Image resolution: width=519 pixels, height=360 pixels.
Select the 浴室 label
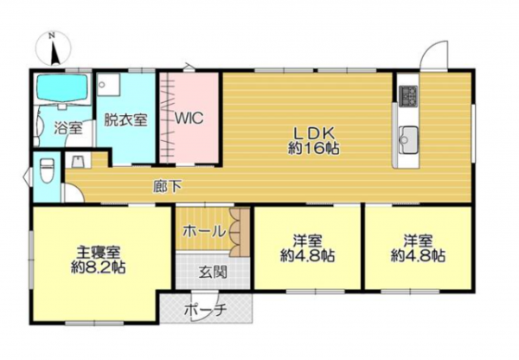(x=68, y=129)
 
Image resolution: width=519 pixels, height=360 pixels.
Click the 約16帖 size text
(x=312, y=148)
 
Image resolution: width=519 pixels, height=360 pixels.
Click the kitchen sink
(x=408, y=137)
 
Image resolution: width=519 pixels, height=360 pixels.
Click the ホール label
(x=204, y=231)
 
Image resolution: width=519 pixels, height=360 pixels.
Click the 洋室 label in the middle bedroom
(x=308, y=240)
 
